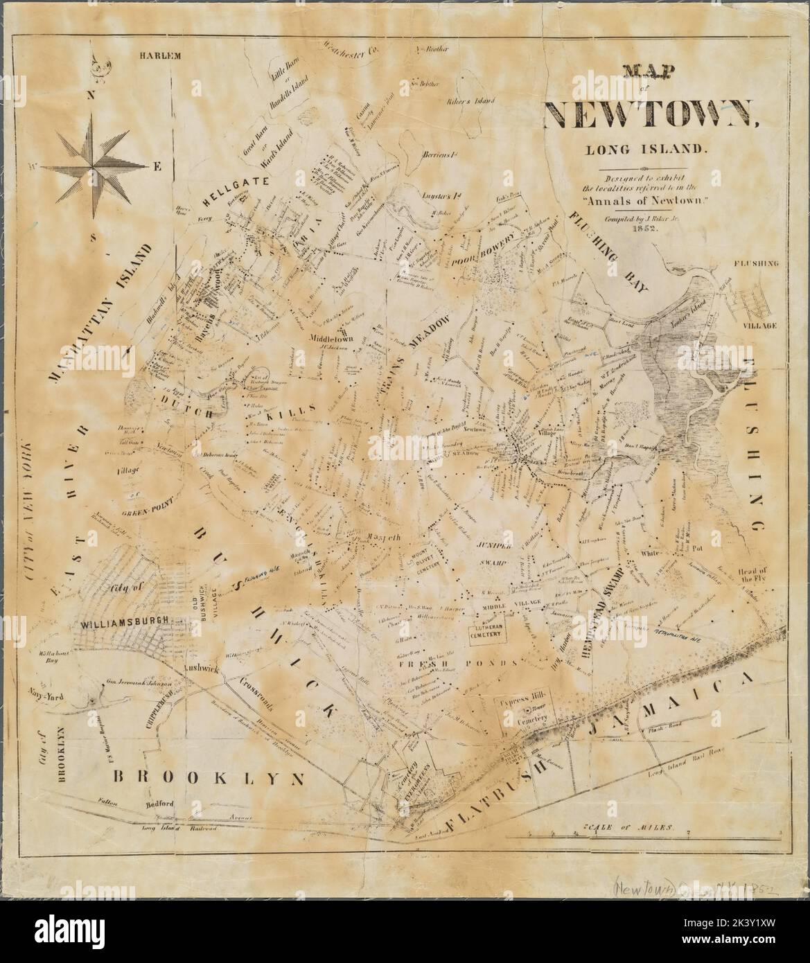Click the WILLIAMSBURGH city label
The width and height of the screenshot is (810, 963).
121,624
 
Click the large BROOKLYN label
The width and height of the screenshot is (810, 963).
209,777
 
